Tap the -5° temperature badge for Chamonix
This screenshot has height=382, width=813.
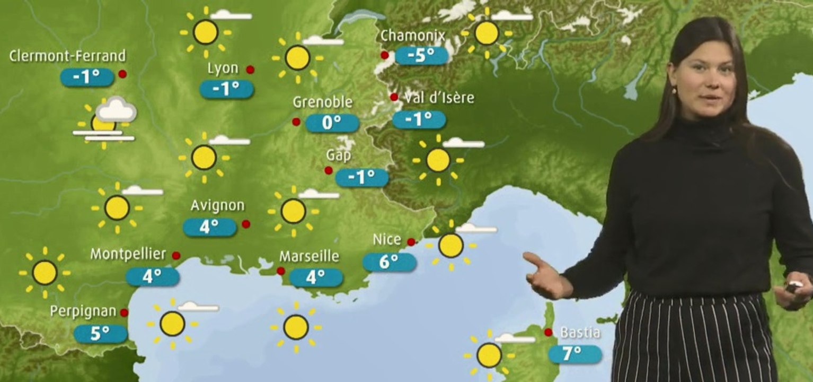click(x=422, y=55)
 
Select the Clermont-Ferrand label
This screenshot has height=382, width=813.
click(x=68, y=56)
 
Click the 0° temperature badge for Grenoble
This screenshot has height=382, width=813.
click(x=332, y=123)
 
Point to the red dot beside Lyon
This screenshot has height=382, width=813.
click(x=250, y=70)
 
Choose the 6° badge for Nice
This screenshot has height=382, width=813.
click(x=390, y=262)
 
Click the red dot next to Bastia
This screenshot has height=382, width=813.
click(x=549, y=332)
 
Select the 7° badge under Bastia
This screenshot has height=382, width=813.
click(x=575, y=354)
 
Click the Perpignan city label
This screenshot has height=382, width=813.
click(x=83, y=311)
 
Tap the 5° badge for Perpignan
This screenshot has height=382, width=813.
click(x=100, y=334)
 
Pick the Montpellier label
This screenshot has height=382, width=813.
click(x=128, y=254)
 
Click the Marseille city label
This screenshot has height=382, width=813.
click(x=310, y=256)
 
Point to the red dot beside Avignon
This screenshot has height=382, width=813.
click(x=246, y=224)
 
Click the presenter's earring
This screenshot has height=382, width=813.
click(x=675, y=90)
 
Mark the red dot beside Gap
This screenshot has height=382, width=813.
click(x=329, y=170)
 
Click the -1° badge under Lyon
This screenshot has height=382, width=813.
click(x=226, y=89)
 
